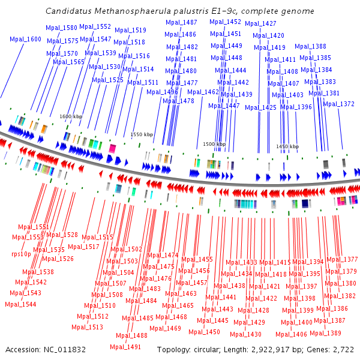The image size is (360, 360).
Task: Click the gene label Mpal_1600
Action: tap(26, 39)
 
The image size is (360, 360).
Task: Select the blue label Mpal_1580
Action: tap(62, 28)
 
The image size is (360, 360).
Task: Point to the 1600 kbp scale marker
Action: tap(70, 116)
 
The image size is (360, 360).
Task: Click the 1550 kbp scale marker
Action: tap(142, 134)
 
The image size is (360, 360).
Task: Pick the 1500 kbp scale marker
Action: tap(214, 144)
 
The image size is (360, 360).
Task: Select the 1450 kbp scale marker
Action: tap(287, 146)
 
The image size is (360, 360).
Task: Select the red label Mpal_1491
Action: tap(126, 347)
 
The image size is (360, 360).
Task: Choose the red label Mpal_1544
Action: tap(20, 304)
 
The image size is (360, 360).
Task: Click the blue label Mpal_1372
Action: tap(339, 104)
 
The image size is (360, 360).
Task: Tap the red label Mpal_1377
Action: tap(342, 259)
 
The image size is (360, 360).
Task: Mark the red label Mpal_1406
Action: tap(292, 334)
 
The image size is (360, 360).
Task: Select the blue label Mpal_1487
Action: tap(181, 22)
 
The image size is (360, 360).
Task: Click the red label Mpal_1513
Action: tap(88, 327)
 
